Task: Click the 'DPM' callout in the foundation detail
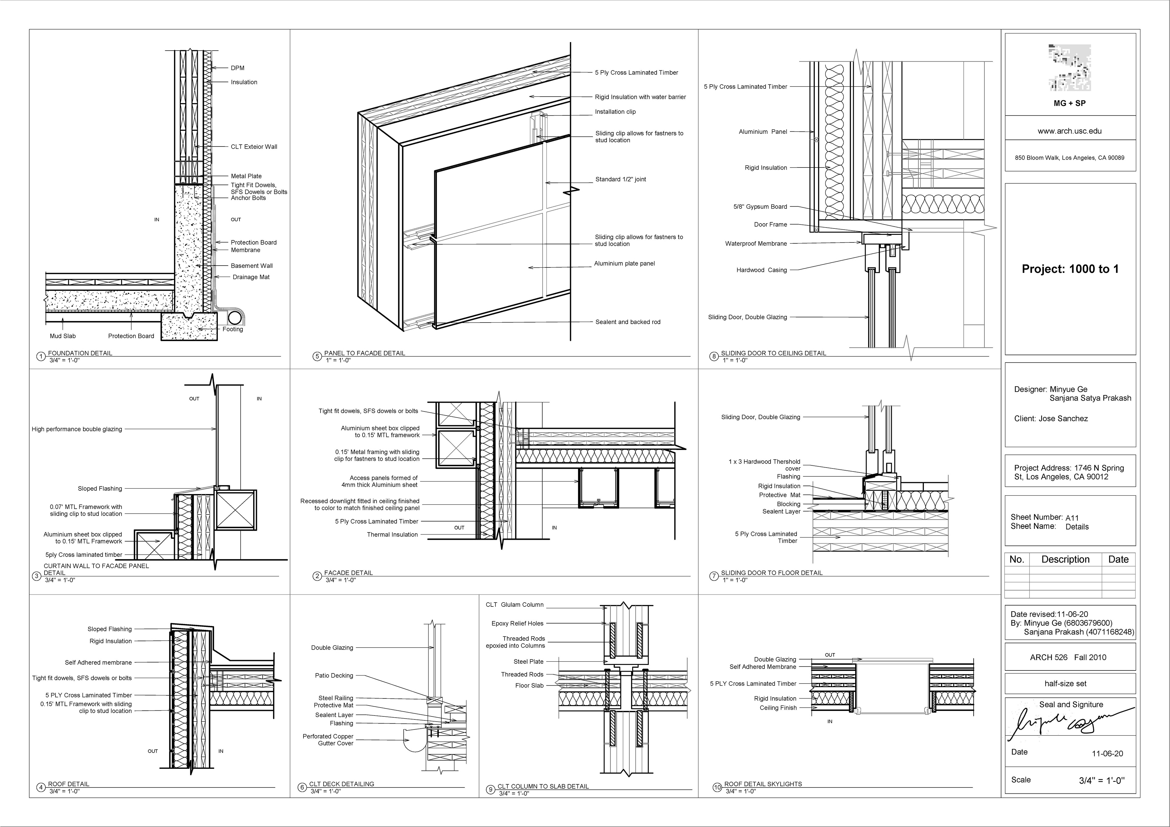pos(237,68)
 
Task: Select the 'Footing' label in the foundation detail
pos(232,329)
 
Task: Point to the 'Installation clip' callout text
pos(615,111)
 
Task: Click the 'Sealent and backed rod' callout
pos(627,322)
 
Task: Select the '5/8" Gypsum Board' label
pos(760,206)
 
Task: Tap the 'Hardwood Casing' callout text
pos(761,270)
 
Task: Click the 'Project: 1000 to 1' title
pos(1070,269)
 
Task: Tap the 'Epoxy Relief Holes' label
pos(517,623)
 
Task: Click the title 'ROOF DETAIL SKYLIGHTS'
pos(763,784)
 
